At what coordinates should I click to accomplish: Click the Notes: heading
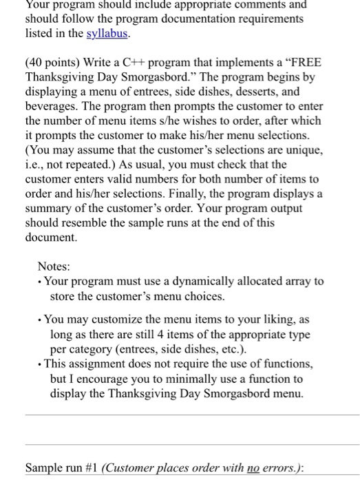54,266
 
